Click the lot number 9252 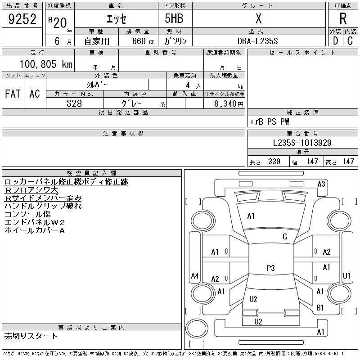click(22, 19)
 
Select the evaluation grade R click(343, 19)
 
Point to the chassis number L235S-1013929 click(302, 143)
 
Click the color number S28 click(75, 103)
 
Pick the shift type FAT click(13, 94)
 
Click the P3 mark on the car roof click(270, 268)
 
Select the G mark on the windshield click(285, 237)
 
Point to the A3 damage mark click(321, 184)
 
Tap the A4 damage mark click(195, 275)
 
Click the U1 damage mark click(346, 275)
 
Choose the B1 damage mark click(320, 308)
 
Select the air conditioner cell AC click(35, 94)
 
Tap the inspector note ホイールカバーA click(35, 230)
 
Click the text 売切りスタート click(31, 336)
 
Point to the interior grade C click(350, 41)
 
